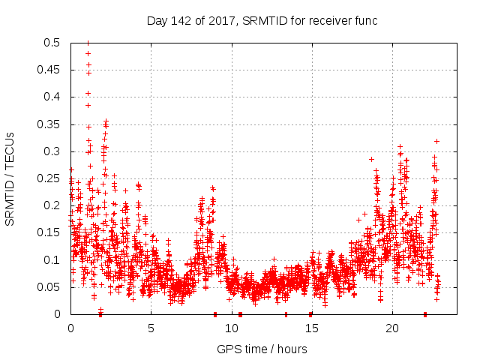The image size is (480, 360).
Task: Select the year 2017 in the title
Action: point(223,20)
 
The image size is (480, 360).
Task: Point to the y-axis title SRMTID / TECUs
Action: point(10,178)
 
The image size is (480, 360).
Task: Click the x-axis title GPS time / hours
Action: point(262,349)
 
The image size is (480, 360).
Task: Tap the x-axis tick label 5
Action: point(151,328)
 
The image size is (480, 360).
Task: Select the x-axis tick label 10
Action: point(231,328)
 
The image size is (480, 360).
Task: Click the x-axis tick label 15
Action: point(311,328)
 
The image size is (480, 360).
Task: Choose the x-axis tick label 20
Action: point(391,328)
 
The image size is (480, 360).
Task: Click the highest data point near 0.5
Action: point(88,43)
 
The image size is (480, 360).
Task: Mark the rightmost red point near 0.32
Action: point(436,141)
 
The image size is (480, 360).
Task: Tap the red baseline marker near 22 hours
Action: point(425,314)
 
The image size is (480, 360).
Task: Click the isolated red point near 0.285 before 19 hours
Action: point(371,159)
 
